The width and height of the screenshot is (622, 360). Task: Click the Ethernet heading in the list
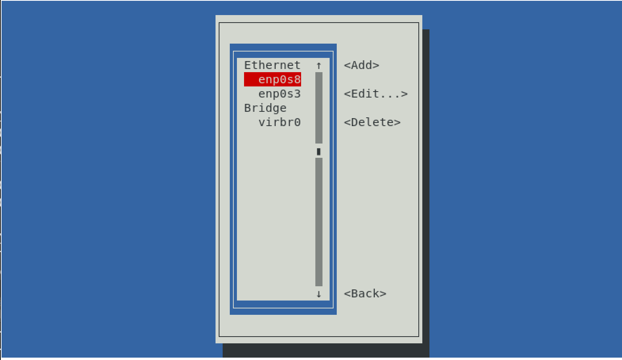coord(272,65)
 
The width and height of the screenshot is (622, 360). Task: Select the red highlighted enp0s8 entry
coord(273,79)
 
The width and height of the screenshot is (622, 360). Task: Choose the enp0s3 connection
coord(279,94)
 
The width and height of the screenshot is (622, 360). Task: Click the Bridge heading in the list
coord(265,108)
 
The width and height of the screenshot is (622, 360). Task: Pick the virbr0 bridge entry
coord(279,123)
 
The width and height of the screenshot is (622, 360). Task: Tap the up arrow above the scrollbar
coord(319,65)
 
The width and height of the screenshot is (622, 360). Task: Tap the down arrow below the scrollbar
coord(319,294)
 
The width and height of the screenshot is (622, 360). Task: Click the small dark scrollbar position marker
coord(319,151)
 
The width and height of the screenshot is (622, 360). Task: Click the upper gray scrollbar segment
coord(319,107)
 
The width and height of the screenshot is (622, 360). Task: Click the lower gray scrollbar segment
coord(319,222)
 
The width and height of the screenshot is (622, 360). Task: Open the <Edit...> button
coord(376,94)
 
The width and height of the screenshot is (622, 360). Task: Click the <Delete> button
coord(372,123)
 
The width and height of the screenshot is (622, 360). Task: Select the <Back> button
coord(365,294)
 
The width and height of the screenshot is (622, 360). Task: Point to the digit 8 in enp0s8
coord(297,79)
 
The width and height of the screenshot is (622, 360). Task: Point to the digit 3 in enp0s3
coord(297,94)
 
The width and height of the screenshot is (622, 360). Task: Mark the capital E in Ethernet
coord(248,65)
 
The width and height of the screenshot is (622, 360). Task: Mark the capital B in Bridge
coord(248,108)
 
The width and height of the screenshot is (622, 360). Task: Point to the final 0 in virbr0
coord(297,123)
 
